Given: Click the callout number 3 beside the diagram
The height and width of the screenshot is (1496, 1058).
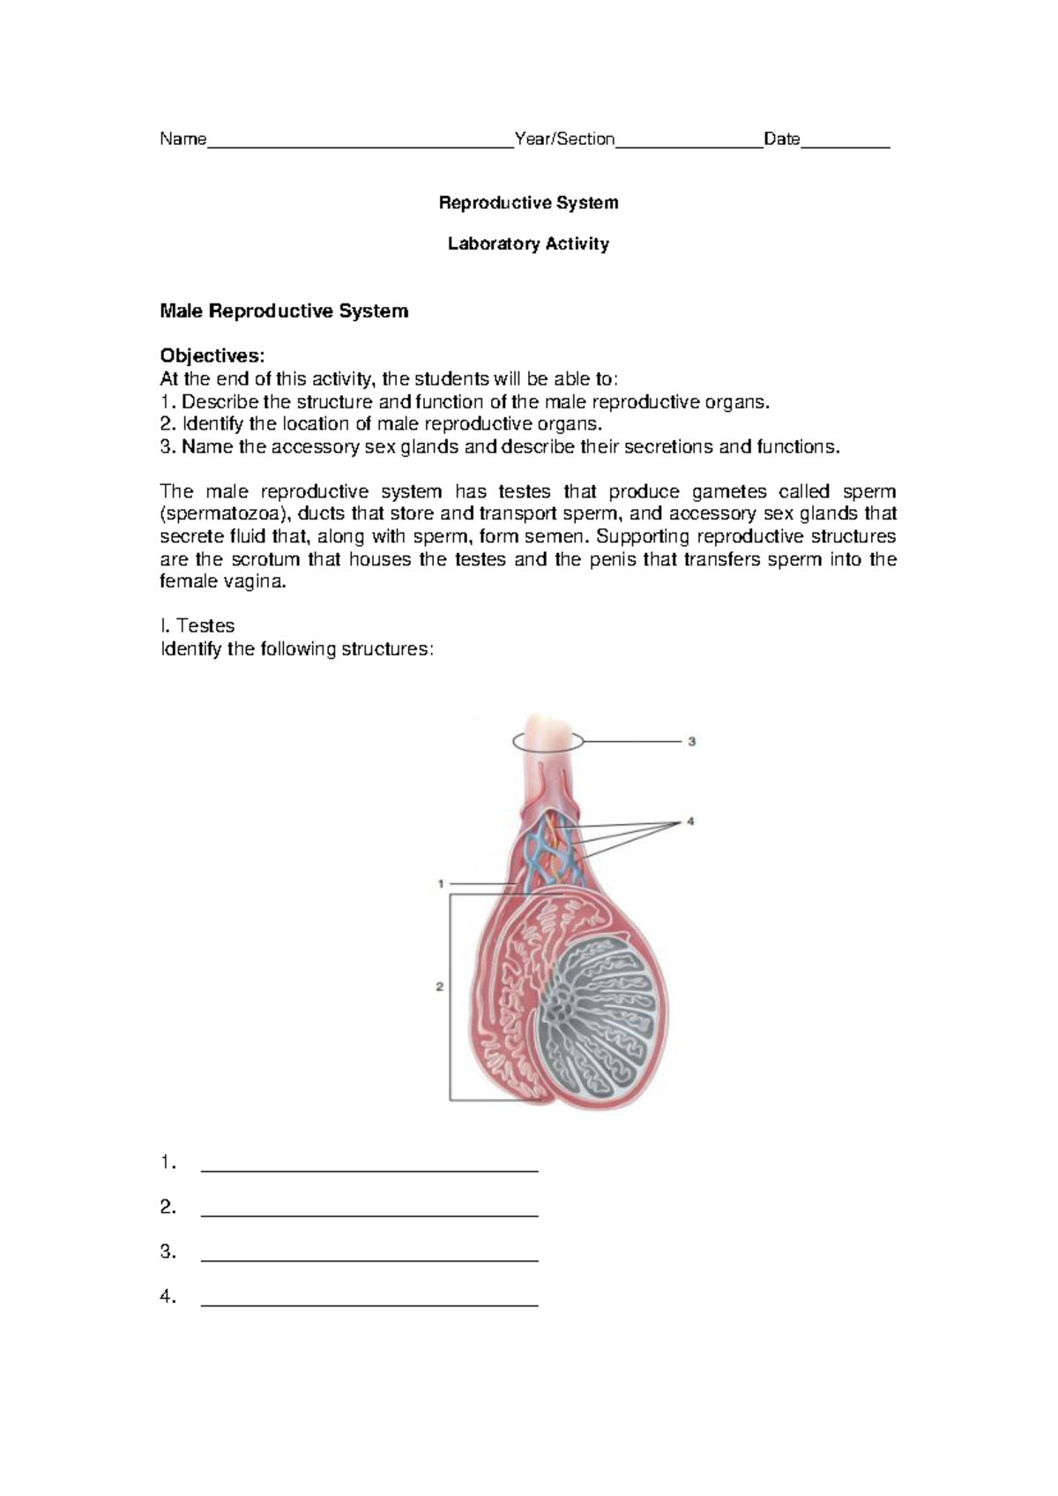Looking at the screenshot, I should coord(692,742).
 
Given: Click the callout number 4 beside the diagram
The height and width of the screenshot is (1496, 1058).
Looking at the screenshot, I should coord(690,821).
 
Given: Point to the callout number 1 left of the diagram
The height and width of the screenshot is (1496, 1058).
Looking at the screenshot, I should coord(440,883).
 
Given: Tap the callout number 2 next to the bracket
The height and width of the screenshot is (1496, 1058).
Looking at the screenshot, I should coord(439,986).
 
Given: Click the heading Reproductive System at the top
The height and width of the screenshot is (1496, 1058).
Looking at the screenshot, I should coord(528,203).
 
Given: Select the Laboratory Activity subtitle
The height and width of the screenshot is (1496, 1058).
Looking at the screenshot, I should coord(528,243).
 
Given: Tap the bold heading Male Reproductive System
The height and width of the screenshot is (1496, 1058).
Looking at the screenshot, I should coord(283,311).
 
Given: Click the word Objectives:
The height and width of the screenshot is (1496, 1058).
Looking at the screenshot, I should coord(212,356).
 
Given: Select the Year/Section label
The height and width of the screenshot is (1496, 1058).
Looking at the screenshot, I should coord(564,138).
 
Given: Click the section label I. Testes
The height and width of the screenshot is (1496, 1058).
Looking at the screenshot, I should coord(197,626).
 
